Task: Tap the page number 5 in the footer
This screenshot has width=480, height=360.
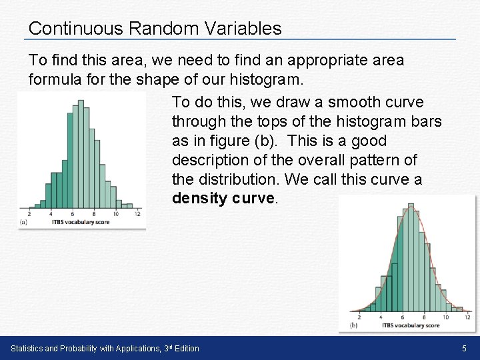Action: [465, 349]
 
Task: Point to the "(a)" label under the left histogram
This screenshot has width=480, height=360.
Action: [24, 221]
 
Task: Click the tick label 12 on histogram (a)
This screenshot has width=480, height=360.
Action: [137, 215]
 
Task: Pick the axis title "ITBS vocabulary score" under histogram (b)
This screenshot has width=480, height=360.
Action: [410, 325]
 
